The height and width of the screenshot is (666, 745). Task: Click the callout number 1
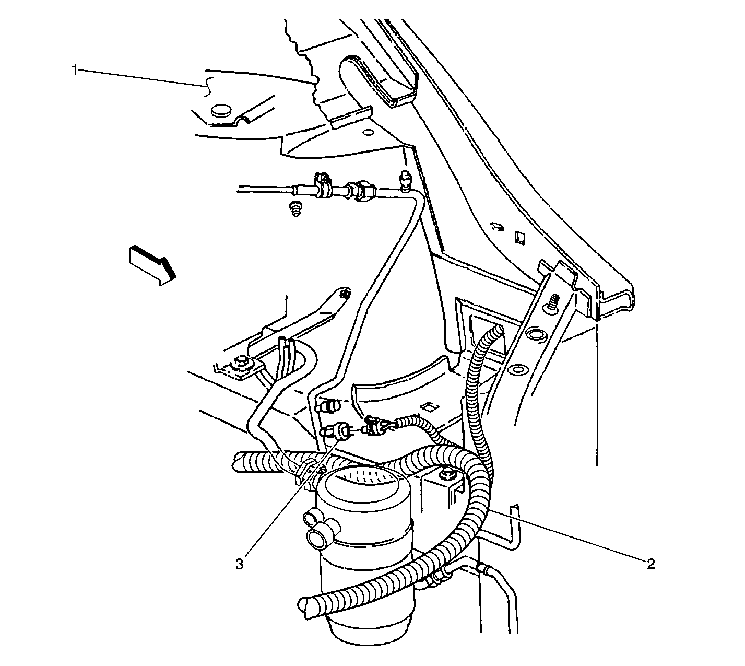point(75,70)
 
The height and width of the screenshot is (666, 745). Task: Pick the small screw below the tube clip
point(295,208)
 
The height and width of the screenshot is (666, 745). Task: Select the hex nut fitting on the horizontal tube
point(362,189)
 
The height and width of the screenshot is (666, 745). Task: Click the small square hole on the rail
point(520,238)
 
